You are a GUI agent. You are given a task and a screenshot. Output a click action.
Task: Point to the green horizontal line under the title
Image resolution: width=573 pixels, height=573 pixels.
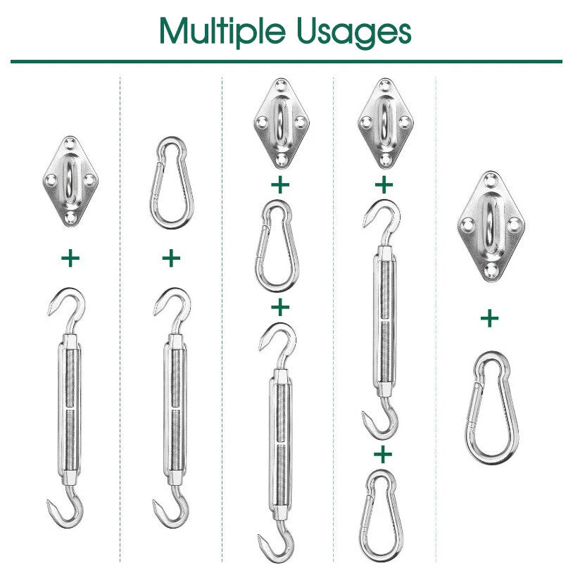286,61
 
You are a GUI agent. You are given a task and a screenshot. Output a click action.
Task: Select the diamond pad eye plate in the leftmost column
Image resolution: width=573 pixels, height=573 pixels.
70,181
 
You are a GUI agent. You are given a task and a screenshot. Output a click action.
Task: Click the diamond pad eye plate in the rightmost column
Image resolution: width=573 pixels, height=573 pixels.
490,226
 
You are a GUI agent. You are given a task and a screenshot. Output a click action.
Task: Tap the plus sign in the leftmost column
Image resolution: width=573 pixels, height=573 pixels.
70,258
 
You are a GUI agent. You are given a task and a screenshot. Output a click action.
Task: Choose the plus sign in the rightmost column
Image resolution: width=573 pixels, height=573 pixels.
490,319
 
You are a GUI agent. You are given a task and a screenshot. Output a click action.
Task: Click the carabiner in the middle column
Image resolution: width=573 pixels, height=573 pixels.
280,246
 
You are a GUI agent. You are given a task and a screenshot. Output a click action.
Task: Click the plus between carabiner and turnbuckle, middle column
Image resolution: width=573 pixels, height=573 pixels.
280,308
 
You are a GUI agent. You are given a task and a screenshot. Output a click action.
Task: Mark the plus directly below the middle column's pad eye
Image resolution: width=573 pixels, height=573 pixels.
280,185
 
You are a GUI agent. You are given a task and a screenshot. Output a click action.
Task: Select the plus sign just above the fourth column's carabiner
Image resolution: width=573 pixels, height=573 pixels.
383,454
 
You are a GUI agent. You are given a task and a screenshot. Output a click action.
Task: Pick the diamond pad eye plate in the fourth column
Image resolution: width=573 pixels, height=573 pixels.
384,122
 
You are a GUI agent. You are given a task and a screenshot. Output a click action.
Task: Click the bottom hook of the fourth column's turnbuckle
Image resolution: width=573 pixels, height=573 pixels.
381,420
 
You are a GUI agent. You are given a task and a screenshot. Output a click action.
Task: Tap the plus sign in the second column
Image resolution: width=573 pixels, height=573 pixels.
171,258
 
